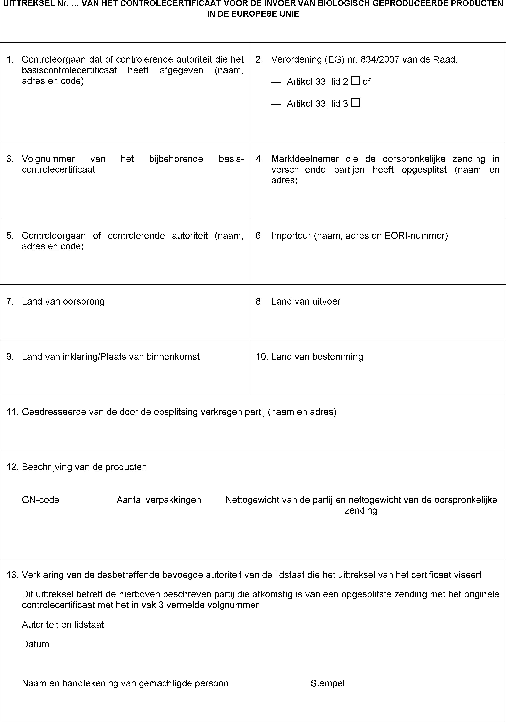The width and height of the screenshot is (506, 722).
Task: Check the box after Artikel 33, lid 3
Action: coord(356,103)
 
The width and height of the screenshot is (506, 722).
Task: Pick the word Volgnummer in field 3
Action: coord(48,159)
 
